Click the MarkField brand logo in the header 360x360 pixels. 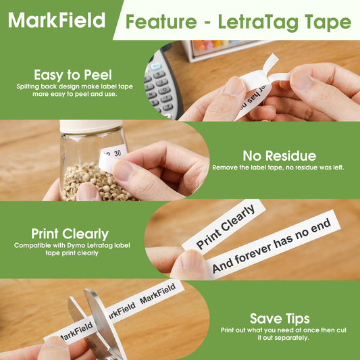[57, 20]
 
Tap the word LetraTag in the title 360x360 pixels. [258, 22]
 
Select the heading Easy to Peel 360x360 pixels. [73, 75]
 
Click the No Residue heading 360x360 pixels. [280, 156]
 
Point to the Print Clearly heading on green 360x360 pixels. [70, 234]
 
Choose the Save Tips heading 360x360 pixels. [280, 319]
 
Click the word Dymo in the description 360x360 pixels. [76, 245]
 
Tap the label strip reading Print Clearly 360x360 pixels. [224, 226]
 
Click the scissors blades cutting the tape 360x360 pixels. [99, 322]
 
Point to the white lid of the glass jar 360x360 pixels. [91, 126]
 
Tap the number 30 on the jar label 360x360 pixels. [118, 153]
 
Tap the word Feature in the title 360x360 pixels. [161, 22]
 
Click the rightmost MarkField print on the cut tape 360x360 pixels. [158, 293]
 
